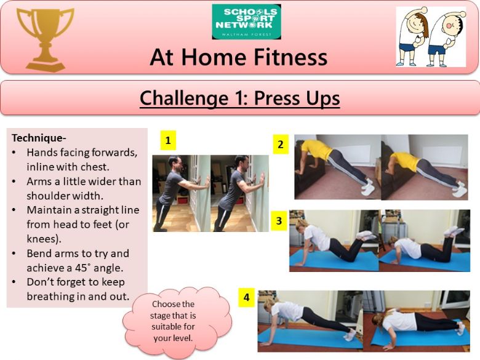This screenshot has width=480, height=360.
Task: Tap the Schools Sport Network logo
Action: coord(246,22)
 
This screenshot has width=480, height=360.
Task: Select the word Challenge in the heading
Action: coord(184,98)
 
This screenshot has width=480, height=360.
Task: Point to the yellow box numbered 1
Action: coord(168,140)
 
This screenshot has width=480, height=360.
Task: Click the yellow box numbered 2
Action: coord(281,144)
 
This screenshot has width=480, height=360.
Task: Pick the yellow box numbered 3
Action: coord(279,221)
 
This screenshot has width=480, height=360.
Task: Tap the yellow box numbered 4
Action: coord(246,297)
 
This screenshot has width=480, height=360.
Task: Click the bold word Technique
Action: coord(38,138)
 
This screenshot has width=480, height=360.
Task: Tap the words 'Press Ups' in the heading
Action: coord(297,99)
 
